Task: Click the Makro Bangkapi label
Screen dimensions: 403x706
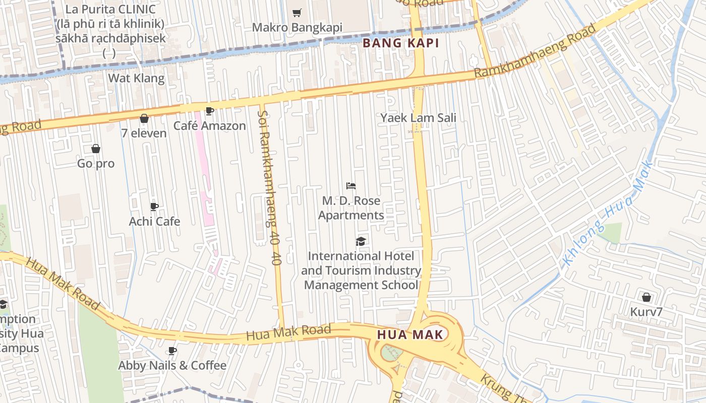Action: coord(297,27)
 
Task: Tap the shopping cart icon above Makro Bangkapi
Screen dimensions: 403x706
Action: coord(297,13)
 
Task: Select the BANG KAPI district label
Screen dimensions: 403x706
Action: coord(401,43)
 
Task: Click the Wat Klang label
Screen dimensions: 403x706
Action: coord(136,78)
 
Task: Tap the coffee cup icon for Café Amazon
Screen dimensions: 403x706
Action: coord(210,111)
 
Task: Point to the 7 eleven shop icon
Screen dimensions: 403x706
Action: coord(144,119)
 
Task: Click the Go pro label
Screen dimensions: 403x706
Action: coord(96,164)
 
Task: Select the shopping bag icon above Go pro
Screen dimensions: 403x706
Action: coord(96,149)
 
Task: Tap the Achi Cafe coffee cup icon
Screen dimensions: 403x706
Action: coord(154,207)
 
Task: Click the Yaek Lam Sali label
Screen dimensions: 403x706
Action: coord(418,118)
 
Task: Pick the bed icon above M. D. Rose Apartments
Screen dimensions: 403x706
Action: coord(351,186)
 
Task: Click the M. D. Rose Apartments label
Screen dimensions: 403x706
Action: coord(351,208)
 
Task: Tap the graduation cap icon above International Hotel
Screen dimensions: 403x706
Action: coord(361,241)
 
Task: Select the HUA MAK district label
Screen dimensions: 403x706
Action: coord(410,334)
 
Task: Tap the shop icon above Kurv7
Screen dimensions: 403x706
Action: coord(646,297)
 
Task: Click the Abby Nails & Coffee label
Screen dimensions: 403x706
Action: coord(172,365)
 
